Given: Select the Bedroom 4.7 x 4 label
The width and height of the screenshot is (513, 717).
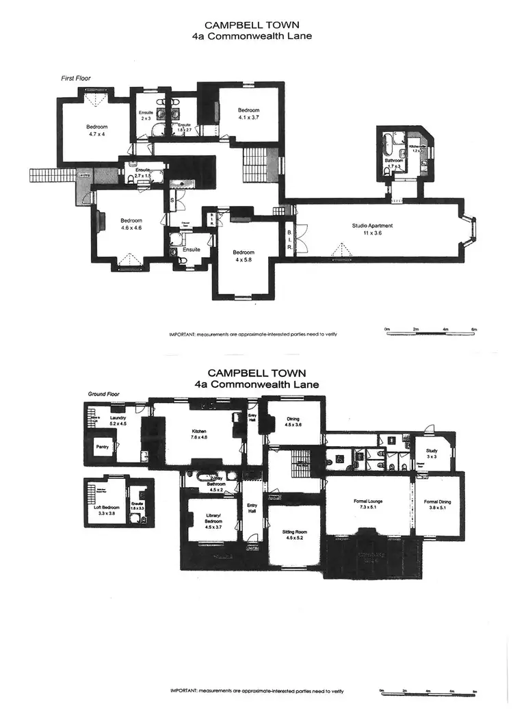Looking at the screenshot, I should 96,130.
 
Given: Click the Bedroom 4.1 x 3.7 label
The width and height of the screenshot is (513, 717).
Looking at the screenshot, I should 248,114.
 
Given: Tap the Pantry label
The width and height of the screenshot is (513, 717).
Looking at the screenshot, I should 103,447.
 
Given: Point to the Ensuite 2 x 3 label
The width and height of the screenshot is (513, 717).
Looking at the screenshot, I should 146,116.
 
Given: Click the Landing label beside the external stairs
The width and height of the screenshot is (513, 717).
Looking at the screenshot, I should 83,175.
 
